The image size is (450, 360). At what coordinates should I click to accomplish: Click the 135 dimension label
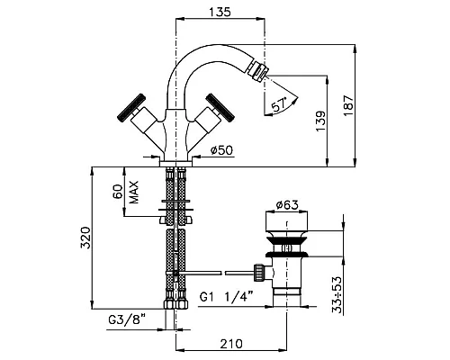(220, 12)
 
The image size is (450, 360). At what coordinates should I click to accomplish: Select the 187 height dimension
(348, 105)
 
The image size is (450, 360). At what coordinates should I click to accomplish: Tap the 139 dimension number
(320, 121)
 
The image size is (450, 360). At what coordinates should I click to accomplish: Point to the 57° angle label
(279, 105)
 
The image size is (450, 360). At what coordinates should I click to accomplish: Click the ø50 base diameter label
(221, 150)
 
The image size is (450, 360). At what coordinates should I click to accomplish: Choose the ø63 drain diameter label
(287, 205)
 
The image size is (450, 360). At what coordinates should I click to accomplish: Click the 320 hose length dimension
(85, 238)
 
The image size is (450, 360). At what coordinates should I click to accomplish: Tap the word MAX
(134, 192)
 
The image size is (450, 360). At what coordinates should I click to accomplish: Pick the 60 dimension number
(118, 192)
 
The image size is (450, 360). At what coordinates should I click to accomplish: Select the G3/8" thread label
(127, 319)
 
